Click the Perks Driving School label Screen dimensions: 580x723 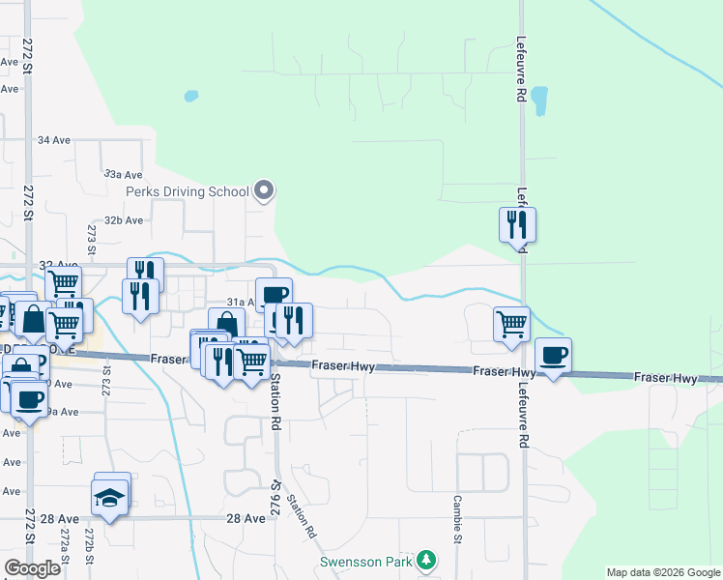click(x=188, y=191)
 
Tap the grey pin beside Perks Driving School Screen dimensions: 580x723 click(x=263, y=191)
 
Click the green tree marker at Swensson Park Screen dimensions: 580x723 click(x=425, y=560)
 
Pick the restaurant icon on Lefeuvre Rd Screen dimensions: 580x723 click(x=516, y=224)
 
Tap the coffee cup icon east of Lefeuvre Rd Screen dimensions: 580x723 click(x=553, y=355)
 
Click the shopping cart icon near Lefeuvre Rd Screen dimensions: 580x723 click(x=511, y=323)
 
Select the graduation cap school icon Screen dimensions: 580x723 click(x=109, y=497)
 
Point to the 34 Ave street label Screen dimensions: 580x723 click(x=54, y=140)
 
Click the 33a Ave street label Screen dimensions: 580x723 click(x=123, y=175)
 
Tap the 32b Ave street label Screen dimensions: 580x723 click(x=124, y=220)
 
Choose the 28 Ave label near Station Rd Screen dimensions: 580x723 click(x=246, y=519)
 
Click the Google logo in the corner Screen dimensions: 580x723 click(x=31, y=568)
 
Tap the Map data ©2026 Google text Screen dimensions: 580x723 click(x=662, y=572)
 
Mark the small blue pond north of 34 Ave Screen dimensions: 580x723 click(x=190, y=97)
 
